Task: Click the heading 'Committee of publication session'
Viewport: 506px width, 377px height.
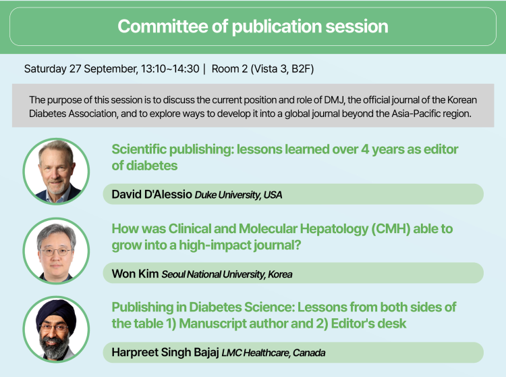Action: point(253,26)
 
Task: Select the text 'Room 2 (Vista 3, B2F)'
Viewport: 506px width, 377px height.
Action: point(262,69)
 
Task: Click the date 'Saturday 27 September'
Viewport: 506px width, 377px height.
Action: point(81,69)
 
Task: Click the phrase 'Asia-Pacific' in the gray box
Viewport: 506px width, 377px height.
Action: point(417,114)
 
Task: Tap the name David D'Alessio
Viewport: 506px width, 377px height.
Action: point(152,194)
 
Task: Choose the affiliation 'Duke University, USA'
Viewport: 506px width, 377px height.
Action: point(238,195)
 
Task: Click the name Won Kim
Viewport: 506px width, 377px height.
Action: point(135,274)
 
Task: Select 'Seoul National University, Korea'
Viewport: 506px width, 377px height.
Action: point(227,274)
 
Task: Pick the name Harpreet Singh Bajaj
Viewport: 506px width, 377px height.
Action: point(165,352)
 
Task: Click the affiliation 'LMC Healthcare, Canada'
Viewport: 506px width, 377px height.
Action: point(273,353)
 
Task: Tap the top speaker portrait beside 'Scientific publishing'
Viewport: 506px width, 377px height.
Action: point(56,171)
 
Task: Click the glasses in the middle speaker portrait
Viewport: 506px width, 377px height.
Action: point(55,251)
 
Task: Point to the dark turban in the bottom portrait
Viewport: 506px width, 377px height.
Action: point(56,313)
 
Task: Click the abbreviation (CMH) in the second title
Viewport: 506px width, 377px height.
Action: point(391,229)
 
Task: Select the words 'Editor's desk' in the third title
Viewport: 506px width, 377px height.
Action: point(368,324)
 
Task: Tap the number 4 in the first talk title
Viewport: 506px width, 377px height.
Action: point(364,149)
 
